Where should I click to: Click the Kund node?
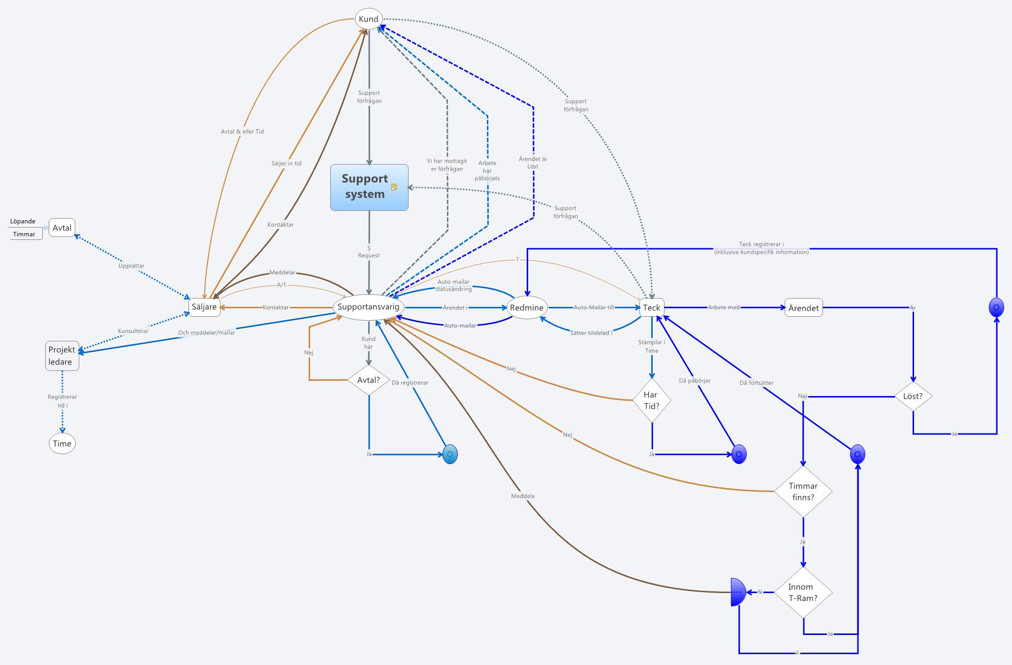coord(369,19)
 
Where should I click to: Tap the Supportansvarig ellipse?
coord(369,307)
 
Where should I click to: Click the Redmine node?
coord(527,308)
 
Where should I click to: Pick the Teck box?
coord(651,308)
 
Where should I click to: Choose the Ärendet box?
coord(803,308)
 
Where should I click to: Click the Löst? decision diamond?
coord(913,396)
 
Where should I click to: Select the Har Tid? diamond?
coord(652,400)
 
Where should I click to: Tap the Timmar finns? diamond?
coord(803,492)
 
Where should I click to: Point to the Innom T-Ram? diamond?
coord(803,593)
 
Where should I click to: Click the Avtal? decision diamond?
coord(369,380)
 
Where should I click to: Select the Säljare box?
coord(204,307)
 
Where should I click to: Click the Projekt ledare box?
coord(62,356)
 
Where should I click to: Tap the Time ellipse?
coord(62,443)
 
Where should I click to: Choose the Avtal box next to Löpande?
coord(62,228)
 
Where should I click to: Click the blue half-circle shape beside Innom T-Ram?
coord(738,592)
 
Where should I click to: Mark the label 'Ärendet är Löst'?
coord(533,163)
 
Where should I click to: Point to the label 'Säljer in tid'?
coord(286,163)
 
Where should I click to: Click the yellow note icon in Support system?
coord(394,187)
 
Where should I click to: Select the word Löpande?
coord(23,221)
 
